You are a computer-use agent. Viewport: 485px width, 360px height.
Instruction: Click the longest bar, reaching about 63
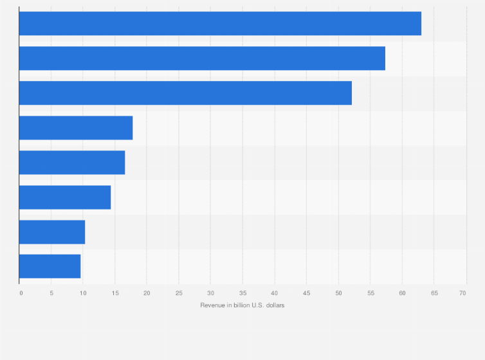pos(220,24)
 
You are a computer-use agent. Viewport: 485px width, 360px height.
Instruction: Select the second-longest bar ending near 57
pos(202,59)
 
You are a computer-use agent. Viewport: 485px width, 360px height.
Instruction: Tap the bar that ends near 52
pos(185,93)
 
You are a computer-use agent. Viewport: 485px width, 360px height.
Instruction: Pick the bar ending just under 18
pos(76,128)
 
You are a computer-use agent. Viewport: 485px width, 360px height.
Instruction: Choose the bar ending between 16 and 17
pos(72,163)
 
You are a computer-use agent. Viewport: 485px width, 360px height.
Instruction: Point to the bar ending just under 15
pos(65,197)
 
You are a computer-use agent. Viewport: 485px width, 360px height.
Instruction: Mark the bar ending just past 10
pos(52,232)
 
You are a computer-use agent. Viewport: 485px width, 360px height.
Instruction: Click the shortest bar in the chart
pos(50,266)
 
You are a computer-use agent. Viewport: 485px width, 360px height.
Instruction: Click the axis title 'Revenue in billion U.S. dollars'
pos(243,305)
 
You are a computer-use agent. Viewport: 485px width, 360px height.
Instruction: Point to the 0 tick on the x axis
pos(21,293)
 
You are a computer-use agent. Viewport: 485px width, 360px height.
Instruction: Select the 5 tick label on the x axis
pos(51,293)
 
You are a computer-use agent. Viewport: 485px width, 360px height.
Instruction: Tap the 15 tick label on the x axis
pos(115,293)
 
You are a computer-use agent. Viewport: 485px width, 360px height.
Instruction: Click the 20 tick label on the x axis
pos(147,293)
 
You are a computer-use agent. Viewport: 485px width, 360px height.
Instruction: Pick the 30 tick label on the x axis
pos(210,293)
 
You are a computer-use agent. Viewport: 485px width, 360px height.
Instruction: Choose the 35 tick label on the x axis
pos(243,293)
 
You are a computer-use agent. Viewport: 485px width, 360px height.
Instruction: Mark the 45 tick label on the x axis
pos(306,293)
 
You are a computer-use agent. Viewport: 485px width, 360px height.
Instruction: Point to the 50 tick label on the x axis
pos(338,293)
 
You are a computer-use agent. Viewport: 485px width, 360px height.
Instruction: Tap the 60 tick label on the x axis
pos(402,293)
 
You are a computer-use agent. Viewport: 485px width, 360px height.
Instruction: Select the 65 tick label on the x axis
pos(434,293)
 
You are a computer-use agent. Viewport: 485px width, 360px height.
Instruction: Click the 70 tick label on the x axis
pos(462,293)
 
